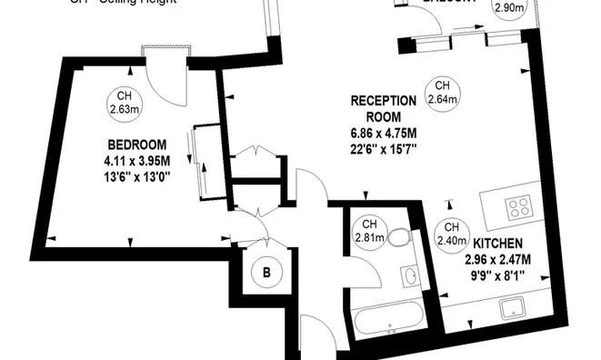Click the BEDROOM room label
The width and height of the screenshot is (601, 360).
pos(136,145)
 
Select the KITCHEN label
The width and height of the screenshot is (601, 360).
pos(496,244)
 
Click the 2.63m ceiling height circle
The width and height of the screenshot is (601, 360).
pos(125,103)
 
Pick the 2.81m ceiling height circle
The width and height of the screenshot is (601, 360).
pos(370,232)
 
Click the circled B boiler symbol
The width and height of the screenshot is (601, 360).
pos(267,271)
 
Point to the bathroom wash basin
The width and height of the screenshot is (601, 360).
pos(411,275)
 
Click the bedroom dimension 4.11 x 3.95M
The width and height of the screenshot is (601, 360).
pos(137,160)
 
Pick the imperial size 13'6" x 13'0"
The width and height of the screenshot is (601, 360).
pos(137,175)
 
